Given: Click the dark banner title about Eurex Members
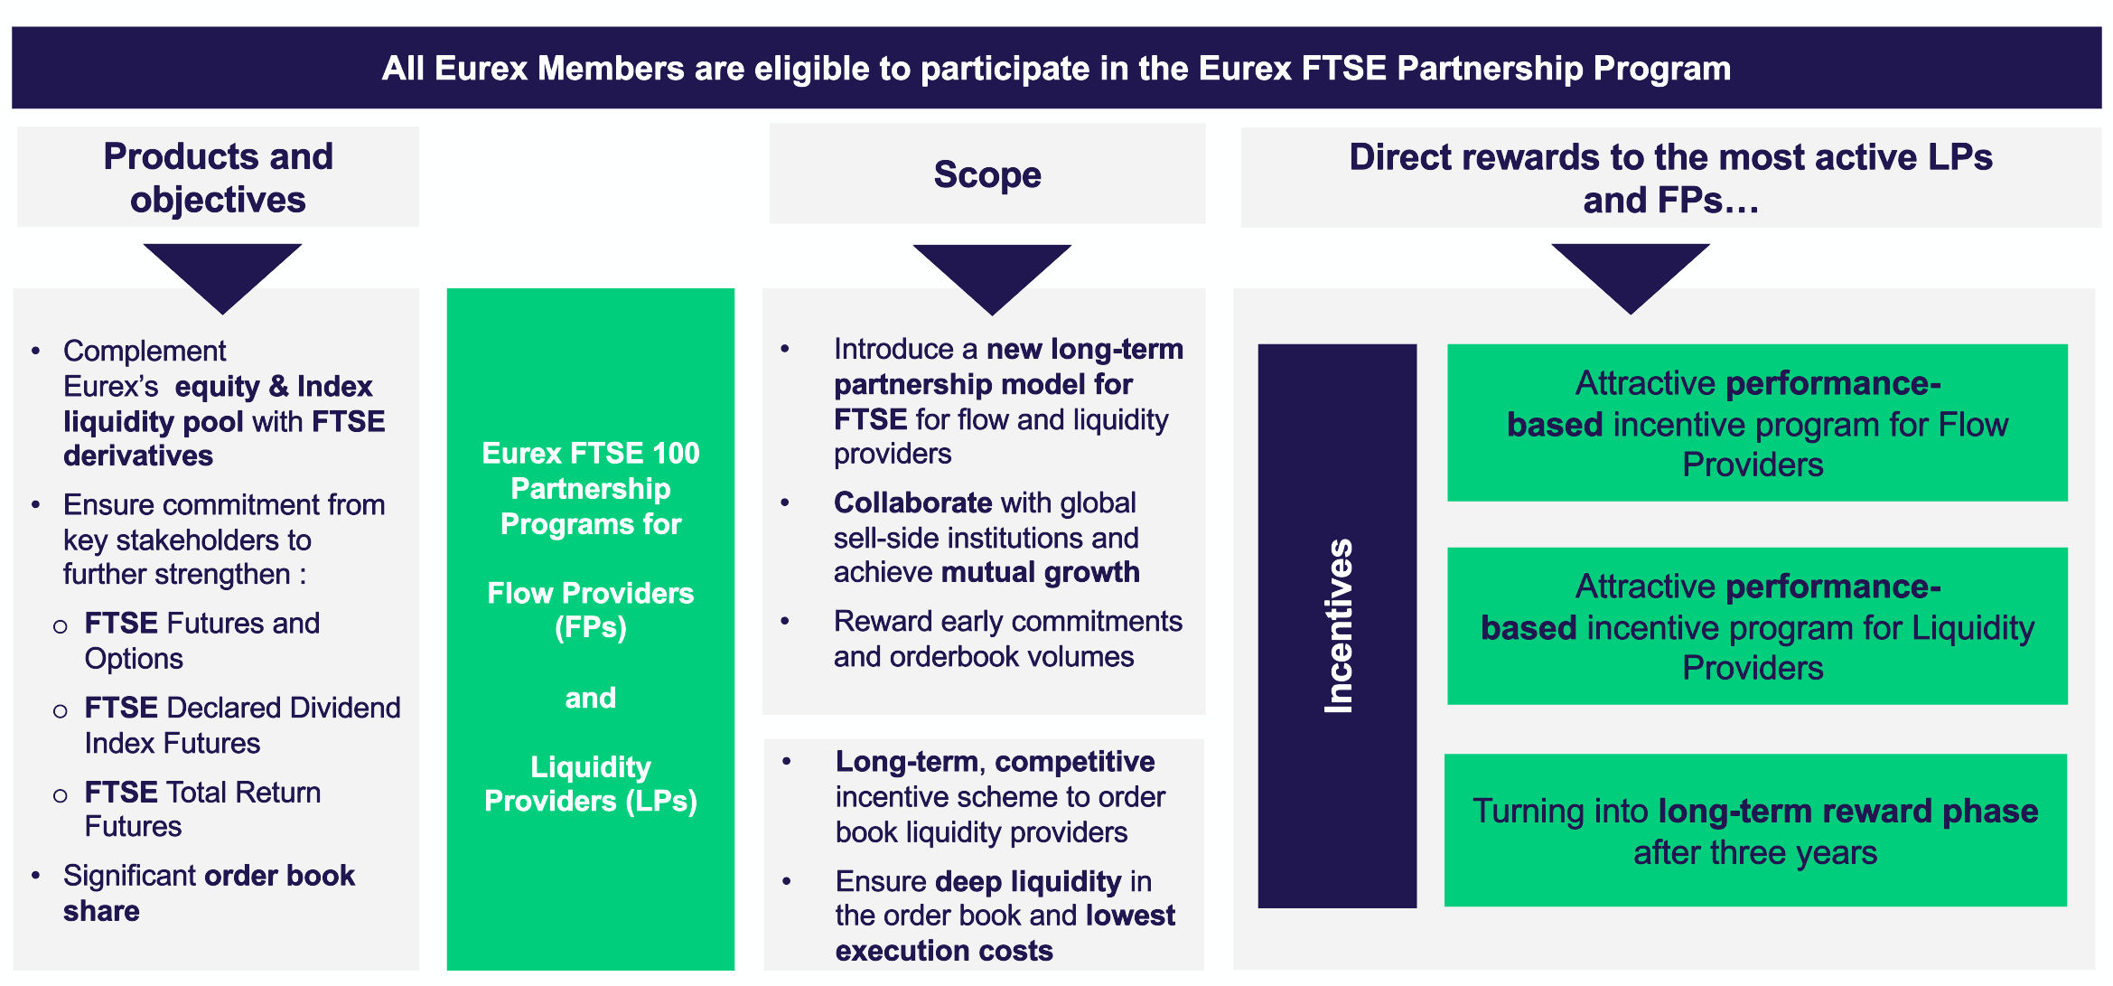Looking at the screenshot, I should [x=1056, y=69].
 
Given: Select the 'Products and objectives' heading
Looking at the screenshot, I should [x=218, y=177].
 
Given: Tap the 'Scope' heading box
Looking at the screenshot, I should [x=987, y=174].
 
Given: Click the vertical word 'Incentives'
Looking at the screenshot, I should [x=1338, y=625].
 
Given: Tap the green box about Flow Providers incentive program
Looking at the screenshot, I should [x=1756, y=423].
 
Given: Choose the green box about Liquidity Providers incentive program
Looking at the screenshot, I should [x=1756, y=626].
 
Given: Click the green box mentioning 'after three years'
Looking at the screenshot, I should [x=1754, y=831].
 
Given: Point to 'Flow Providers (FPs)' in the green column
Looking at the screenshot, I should [x=591, y=610].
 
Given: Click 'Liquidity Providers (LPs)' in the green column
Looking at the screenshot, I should [x=591, y=784].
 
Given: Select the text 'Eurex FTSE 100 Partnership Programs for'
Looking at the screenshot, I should [x=591, y=488].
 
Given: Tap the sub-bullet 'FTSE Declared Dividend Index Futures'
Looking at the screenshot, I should [x=242, y=725].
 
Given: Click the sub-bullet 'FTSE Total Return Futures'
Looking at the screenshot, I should [x=202, y=809].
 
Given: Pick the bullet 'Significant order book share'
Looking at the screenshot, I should [x=209, y=893].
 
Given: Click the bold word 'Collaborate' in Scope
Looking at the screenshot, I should [x=913, y=502].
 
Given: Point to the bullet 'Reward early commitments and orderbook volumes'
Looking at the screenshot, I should [x=1007, y=639].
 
